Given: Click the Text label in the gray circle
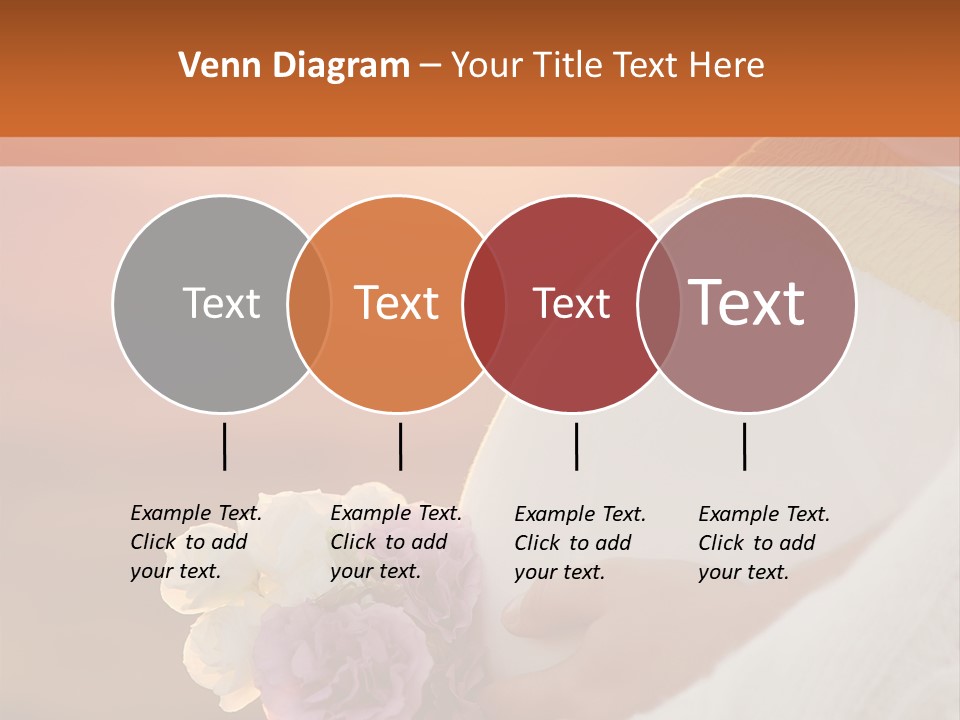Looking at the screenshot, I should click(221, 304).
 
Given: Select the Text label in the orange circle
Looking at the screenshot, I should click(397, 303).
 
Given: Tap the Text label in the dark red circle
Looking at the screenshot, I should click(571, 304).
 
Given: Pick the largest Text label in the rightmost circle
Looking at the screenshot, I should click(747, 302).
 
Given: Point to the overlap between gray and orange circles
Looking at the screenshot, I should click(309, 304).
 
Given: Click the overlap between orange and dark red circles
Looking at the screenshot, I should click(485, 304).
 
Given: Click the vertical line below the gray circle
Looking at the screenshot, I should click(224, 446).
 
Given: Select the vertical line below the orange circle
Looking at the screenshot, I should click(400, 446).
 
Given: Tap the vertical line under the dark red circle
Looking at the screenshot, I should click(576, 446).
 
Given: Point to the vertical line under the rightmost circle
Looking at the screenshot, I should click(744, 446).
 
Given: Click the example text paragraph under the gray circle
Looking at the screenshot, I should click(195, 542).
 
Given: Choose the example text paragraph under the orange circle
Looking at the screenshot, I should click(395, 542).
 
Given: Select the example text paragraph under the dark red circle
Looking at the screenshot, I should click(579, 543).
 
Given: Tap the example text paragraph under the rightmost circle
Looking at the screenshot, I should click(763, 543).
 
